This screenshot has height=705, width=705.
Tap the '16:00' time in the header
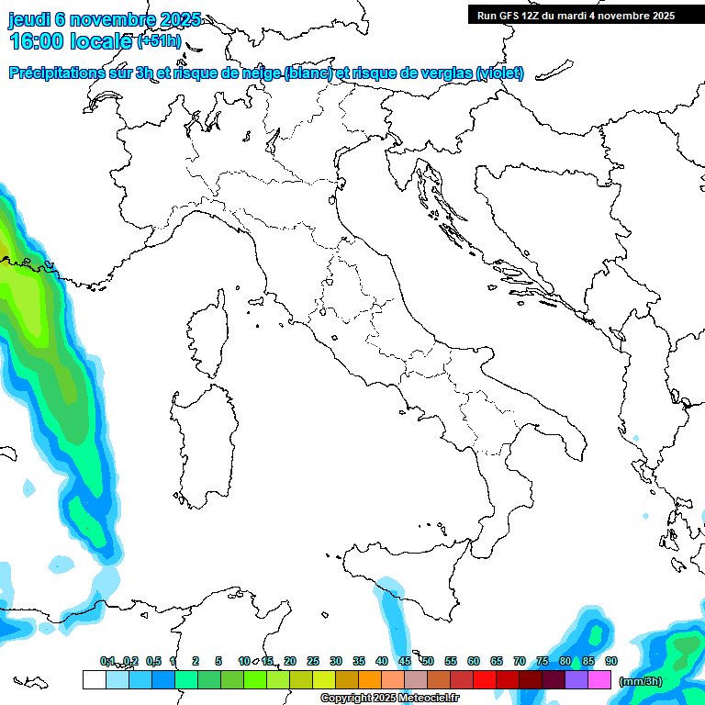pyautogui.click(x=38, y=40)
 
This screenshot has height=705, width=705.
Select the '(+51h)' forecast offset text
pyautogui.click(x=159, y=41)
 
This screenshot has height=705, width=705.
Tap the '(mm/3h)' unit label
pyautogui.click(x=641, y=680)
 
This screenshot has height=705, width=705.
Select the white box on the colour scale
pyautogui.click(x=94, y=679)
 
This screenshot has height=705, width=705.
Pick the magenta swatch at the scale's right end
pyautogui.click(x=599, y=679)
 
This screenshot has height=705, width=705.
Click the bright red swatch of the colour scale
pyautogui.click(x=485, y=679)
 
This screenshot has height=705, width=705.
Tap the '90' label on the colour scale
pyautogui.click(x=611, y=661)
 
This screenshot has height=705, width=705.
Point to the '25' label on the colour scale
pyautogui.click(x=313, y=661)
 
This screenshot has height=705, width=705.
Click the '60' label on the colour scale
pyautogui.click(x=474, y=661)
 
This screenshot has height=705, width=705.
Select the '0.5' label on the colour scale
pyautogui.click(x=153, y=661)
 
